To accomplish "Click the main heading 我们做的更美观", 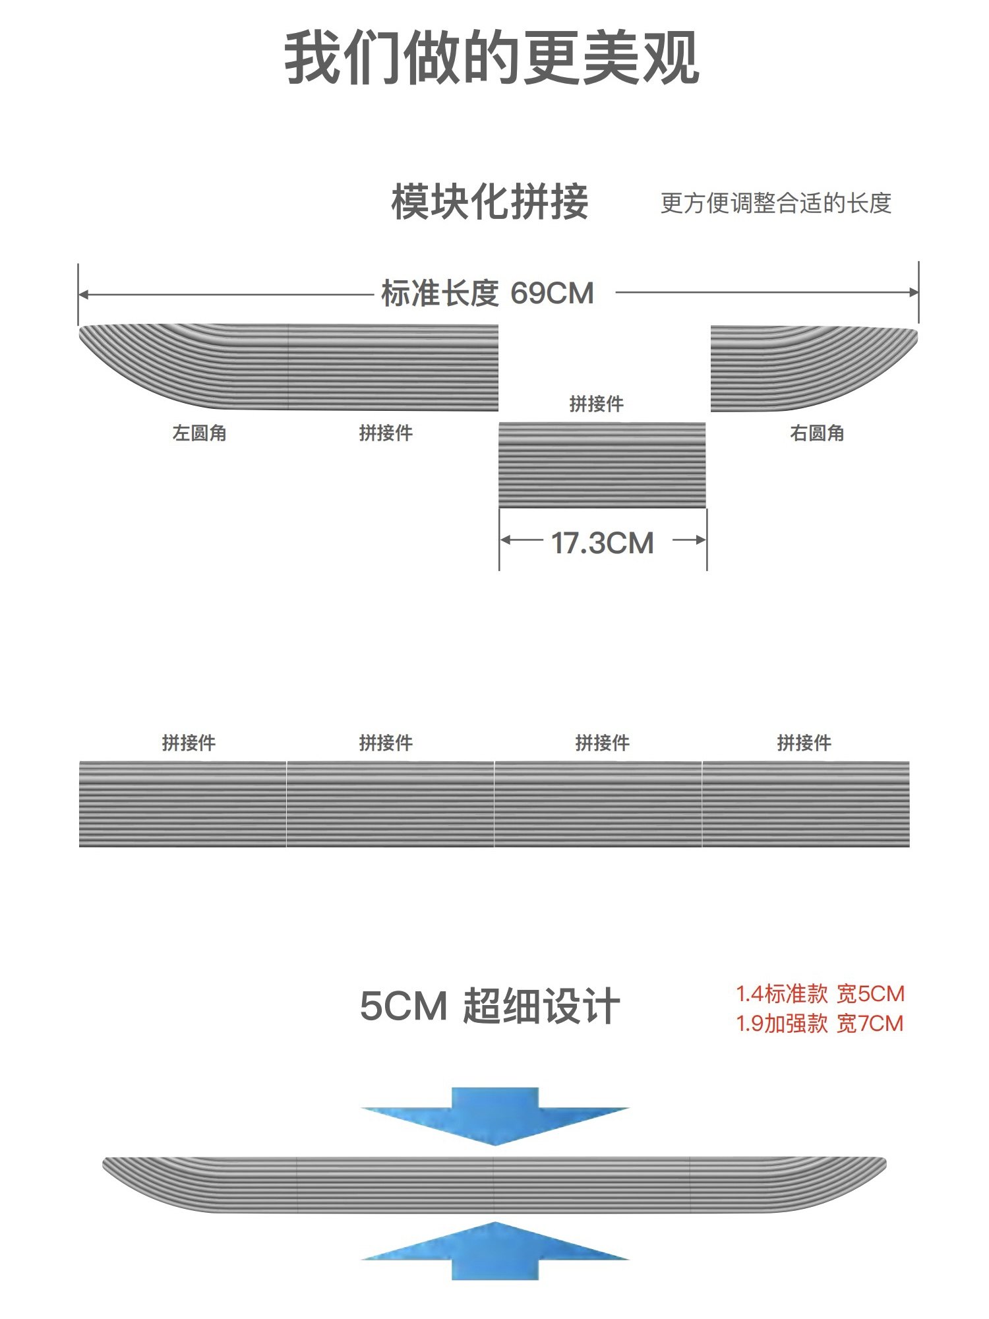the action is [491, 58].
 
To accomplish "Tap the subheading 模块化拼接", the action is [489, 202].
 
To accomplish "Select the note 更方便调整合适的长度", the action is [775, 203].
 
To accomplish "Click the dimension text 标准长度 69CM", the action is [487, 293].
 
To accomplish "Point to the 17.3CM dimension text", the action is [602, 543].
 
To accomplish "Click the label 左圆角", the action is [199, 433].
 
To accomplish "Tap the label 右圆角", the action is [817, 433].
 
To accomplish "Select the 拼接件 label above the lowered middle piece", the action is [596, 404].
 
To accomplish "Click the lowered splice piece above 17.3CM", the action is [601, 465].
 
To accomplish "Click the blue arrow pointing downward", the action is [494, 1115].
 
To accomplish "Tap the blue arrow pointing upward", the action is [494, 1250].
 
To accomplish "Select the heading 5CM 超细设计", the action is [489, 1006].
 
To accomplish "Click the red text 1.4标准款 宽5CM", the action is [820, 994].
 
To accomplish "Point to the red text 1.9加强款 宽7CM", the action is [820, 1024].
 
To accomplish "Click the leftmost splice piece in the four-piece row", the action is [183, 804].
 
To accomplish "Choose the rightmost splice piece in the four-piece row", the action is [806, 804].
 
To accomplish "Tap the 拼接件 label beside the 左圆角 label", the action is [386, 433].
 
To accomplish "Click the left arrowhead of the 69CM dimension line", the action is [82, 295].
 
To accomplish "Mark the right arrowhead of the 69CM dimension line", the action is [914, 292].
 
